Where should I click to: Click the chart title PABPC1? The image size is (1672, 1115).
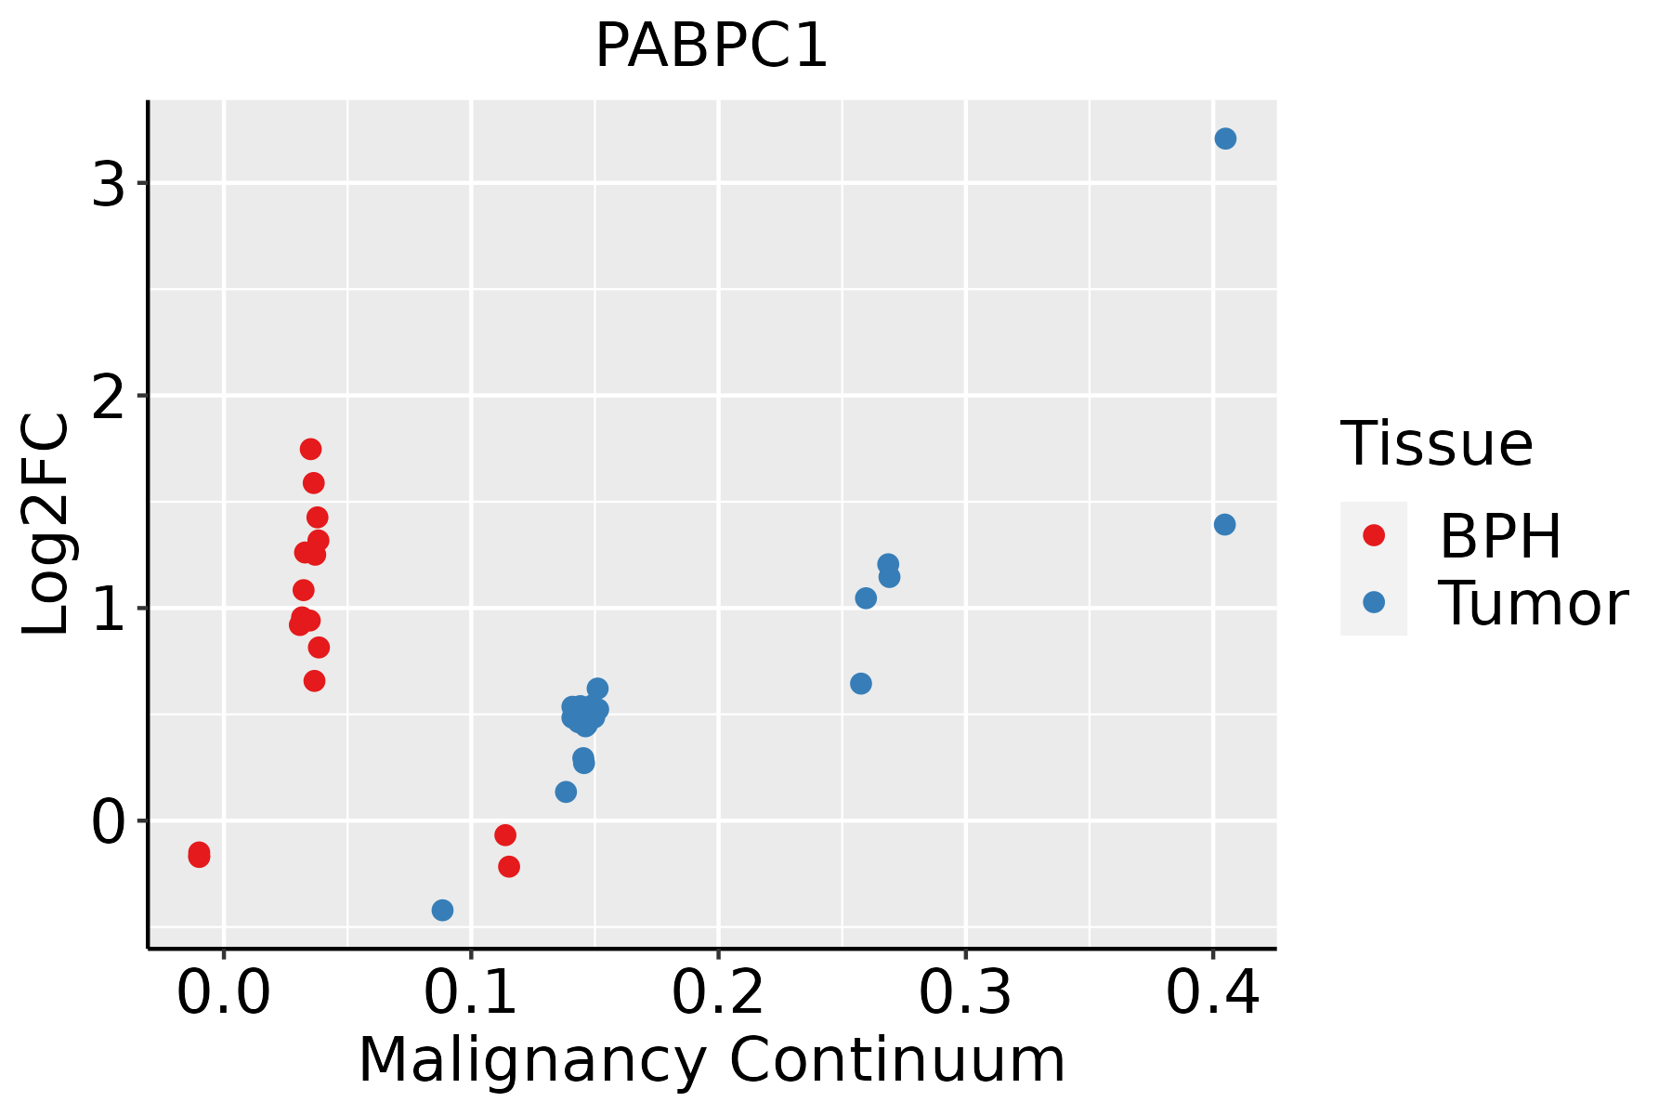[x=711, y=46]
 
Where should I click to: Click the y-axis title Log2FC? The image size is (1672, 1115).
[x=46, y=525]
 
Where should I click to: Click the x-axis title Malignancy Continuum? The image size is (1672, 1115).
[x=711, y=1061]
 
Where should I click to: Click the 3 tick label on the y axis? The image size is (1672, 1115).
[x=109, y=184]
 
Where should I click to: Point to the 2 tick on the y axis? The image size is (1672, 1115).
[x=109, y=397]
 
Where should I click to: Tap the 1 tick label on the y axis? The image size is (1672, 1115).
[x=109, y=609]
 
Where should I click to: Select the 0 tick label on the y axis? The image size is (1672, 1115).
[x=109, y=822]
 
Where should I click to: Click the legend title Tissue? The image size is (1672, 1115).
[x=1436, y=444]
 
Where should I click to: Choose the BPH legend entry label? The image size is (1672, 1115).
[x=1500, y=536]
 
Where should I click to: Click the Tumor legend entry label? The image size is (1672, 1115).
[x=1533, y=604]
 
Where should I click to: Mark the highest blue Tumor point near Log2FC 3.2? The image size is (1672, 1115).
[x=1225, y=138]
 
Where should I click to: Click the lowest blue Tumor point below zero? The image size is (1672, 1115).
[x=442, y=910]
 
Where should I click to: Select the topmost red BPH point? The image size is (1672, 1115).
[x=310, y=449]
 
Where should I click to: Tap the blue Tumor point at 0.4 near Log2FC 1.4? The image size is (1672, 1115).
[x=1224, y=525]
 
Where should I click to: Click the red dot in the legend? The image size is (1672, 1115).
[x=1373, y=535]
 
